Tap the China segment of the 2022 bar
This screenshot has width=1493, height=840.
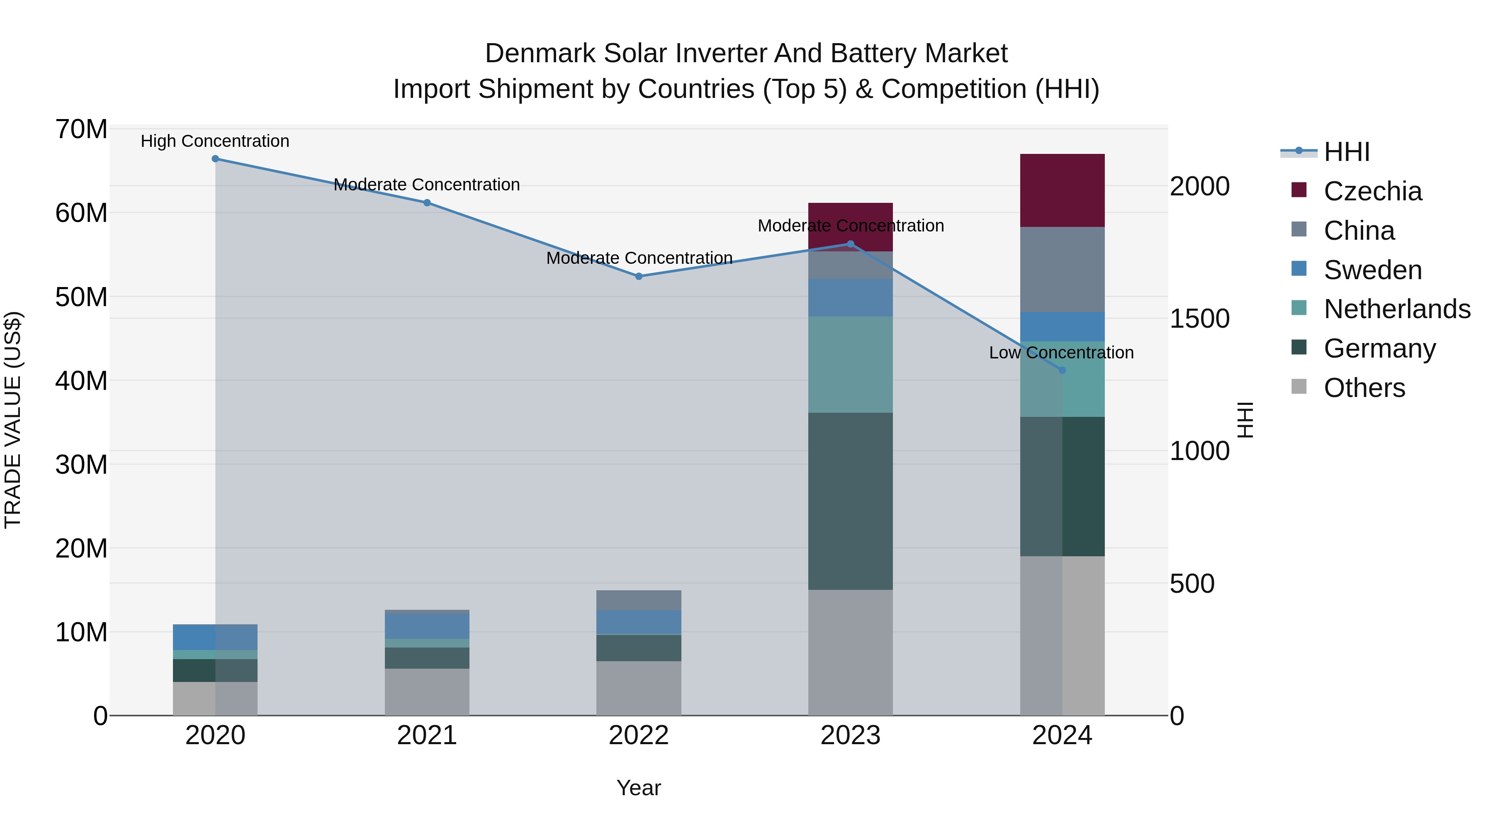click(x=639, y=600)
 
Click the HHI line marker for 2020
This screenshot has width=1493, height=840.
click(x=215, y=158)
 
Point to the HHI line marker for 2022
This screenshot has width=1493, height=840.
click(x=639, y=277)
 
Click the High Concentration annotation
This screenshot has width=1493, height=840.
click(x=215, y=141)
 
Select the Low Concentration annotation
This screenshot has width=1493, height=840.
click(x=1061, y=353)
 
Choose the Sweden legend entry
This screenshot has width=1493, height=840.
click(x=1372, y=270)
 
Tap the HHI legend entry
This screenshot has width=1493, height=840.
click(x=1346, y=152)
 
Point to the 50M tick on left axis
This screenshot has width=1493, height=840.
click(x=81, y=297)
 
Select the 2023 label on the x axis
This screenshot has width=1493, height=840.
click(x=850, y=735)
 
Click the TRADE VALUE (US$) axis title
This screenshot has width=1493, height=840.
click(x=13, y=420)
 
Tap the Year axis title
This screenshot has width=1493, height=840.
click(x=639, y=788)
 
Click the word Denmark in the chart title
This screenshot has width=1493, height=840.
click(x=540, y=54)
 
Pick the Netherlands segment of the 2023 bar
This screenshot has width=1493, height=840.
click(x=850, y=364)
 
